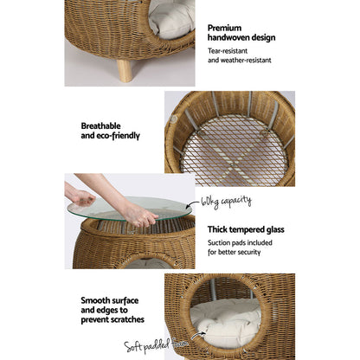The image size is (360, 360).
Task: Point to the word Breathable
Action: tap(106, 124)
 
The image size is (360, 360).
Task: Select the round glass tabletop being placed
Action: tap(130, 208)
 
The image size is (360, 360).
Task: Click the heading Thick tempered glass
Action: tap(251, 229)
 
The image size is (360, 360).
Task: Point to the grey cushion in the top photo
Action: tap(177, 17)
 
